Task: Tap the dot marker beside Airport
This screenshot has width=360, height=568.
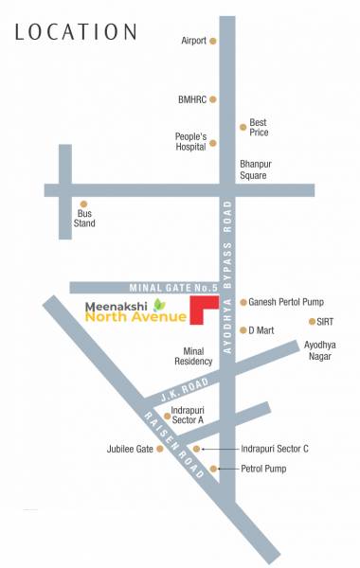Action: coord(213,42)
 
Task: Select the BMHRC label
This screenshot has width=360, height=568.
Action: coord(191,98)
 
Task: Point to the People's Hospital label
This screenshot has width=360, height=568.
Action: coord(190,142)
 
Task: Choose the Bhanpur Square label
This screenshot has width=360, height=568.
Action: coord(253,169)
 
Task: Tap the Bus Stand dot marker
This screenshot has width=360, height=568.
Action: coord(83,204)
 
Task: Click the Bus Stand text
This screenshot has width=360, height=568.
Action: coord(85,219)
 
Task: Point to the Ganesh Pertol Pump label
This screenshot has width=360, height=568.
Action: coord(287,302)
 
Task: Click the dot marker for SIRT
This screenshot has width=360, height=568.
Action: coord(312,322)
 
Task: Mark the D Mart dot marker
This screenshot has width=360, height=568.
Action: coord(243,330)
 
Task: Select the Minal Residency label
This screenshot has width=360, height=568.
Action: coord(194,355)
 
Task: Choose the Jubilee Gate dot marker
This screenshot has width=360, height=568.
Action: coord(160,449)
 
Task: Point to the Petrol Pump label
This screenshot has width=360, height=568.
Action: coord(263,469)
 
